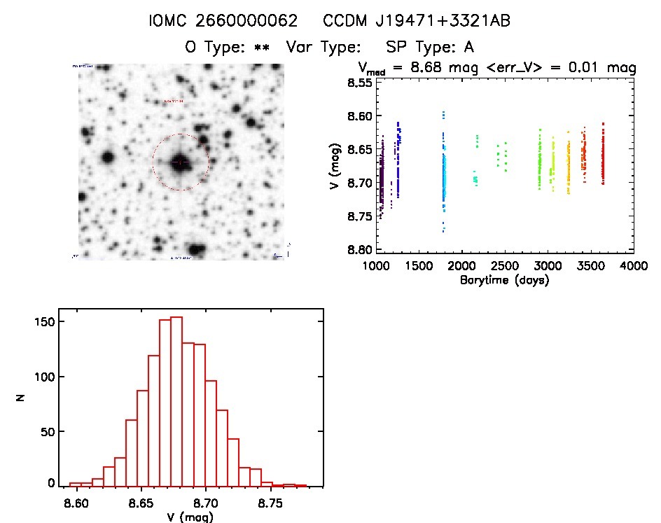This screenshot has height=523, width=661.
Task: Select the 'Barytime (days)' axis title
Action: pyautogui.click(x=504, y=280)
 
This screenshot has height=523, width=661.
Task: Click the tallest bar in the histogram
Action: pyautogui.click(x=176, y=399)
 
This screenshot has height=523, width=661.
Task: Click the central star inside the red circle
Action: pyautogui.click(x=180, y=162)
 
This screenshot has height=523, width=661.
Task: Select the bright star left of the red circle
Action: pyautogui.click(x=107, y=156)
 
